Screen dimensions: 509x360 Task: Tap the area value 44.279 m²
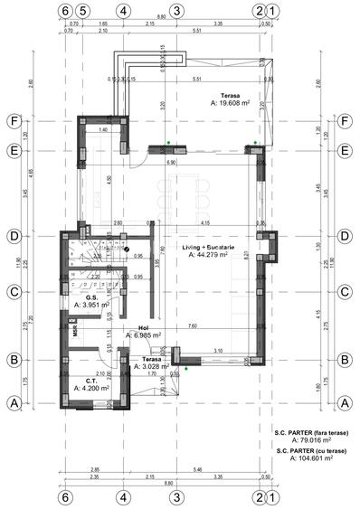click(x=215, y=255)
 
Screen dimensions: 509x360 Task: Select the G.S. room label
click(x=91, y=297)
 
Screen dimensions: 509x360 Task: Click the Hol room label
click(x=142, y=327)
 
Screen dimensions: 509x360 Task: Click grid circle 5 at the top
click(x=82, y=12)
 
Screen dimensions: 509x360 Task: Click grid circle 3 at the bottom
click(x=177, y=496)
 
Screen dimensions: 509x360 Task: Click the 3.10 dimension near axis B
click(x=218, y=350)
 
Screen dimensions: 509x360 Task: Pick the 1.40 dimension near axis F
click(x=104, y=130)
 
